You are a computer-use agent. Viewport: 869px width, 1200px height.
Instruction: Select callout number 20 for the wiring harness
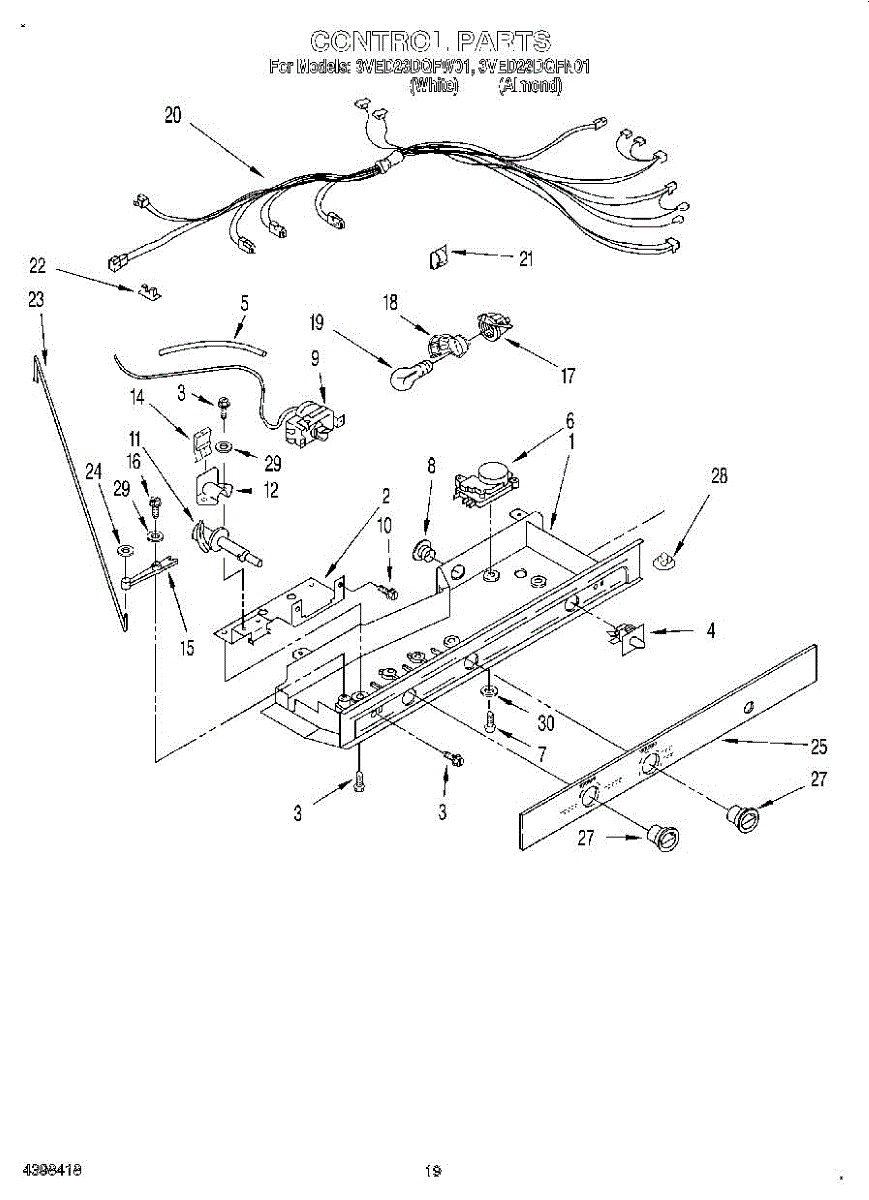(x=173, y=115)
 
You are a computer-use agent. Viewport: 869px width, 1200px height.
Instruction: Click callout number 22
(x=38, y=265)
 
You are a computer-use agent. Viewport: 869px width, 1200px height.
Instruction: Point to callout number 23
(x=36, y=299)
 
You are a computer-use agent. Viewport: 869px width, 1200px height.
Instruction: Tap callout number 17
(x=568, y=376)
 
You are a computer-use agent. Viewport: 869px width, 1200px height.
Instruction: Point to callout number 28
(x=719, y=476)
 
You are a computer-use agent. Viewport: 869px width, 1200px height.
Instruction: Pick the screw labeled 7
(x=490, y=722)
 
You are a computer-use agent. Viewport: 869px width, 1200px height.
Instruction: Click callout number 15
(x=187, y=647)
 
